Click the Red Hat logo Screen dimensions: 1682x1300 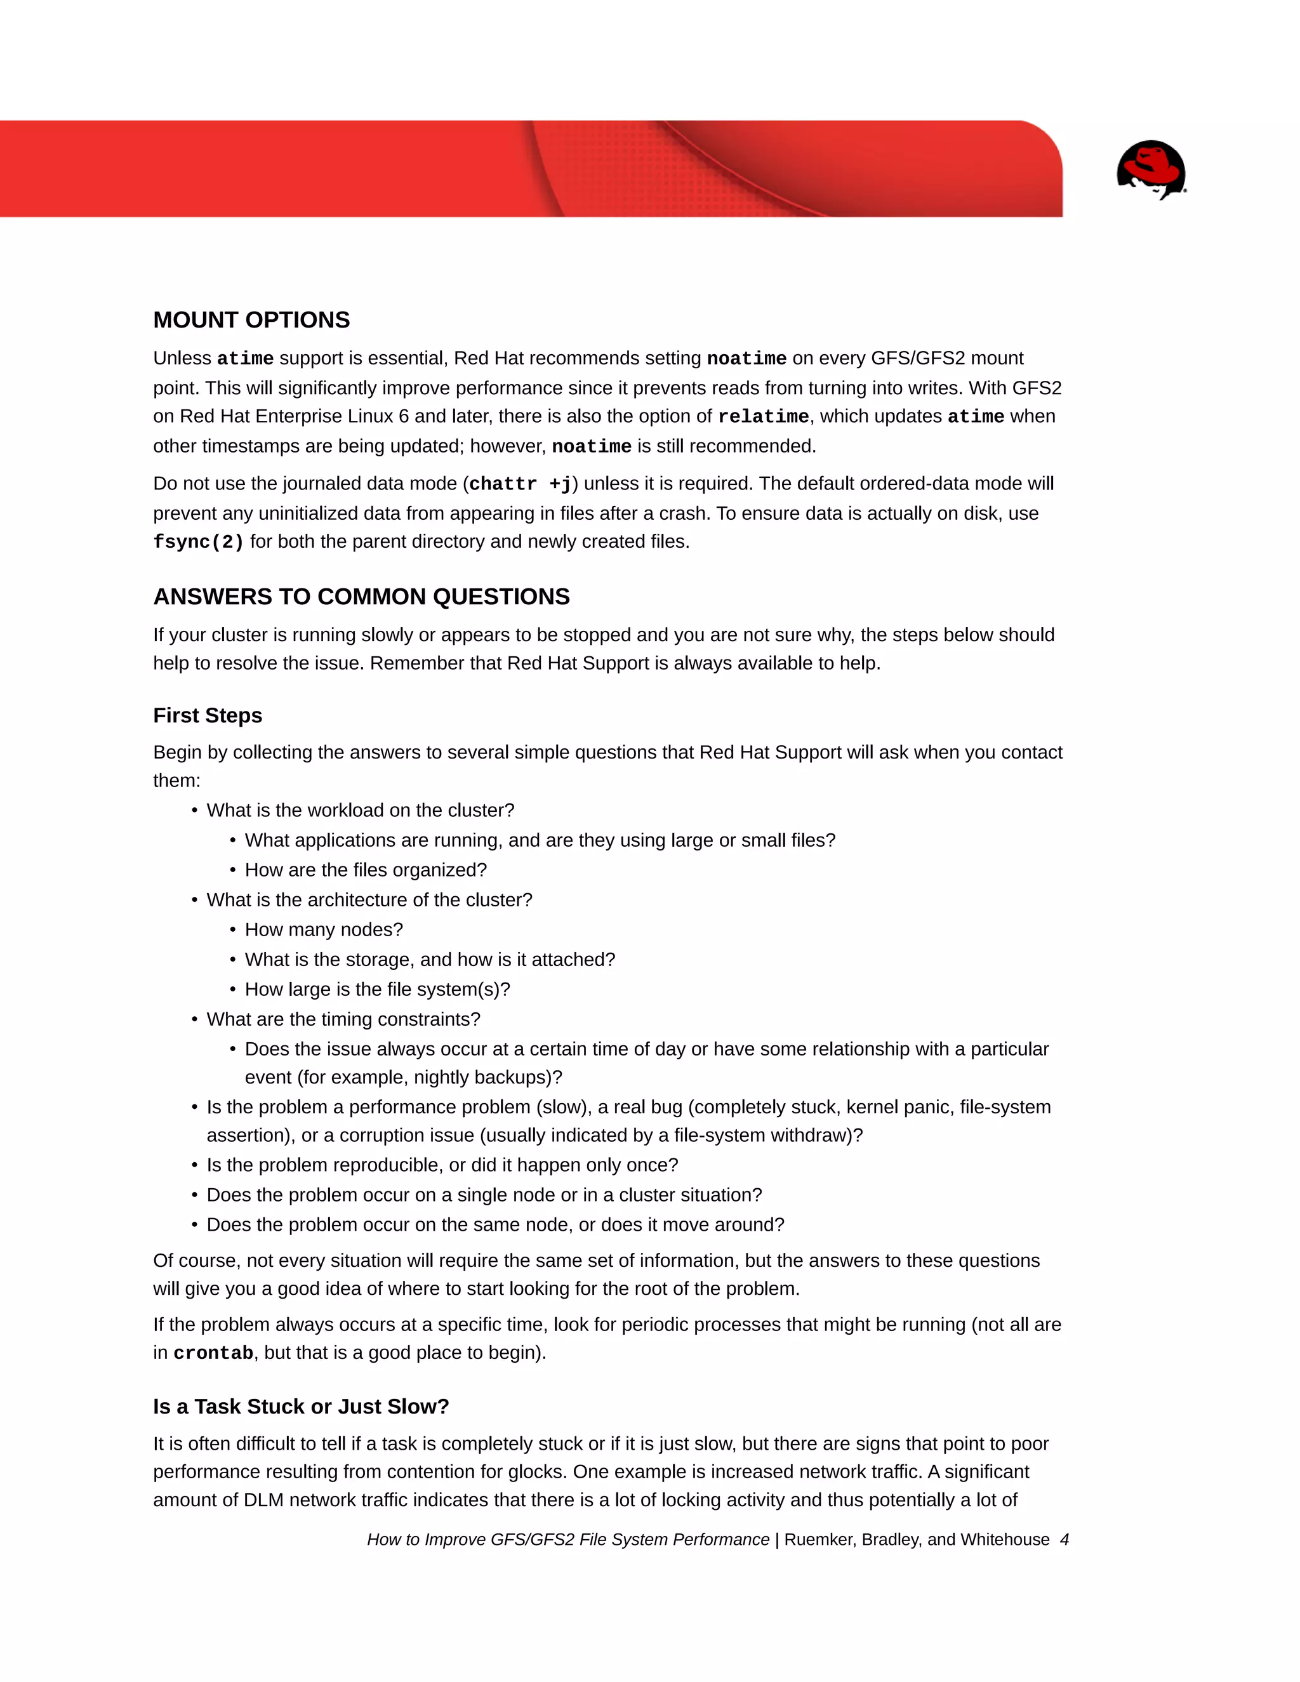pyautogui.click(x=1151, y=169)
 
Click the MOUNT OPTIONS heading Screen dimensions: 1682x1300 pyautogui.click(x=251, y=320)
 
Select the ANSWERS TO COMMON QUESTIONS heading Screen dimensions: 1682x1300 pyautogui.click(x=361, y=596)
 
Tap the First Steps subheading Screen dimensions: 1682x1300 pyautogui.click(x=207, y=715)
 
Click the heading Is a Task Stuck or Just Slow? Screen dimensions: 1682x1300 pyautogui.click(x=300, y=1407)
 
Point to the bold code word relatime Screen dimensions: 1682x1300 pyautogui.click(x=762, y=416)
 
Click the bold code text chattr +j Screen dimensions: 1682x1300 pyautogui.click(x=520, y=484)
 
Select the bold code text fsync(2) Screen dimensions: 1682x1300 pyautogui.click(x=198, y=542)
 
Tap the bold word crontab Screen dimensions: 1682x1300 pyautogui.click(x=213, y=1353)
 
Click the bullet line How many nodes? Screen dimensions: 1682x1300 pyautogui.click(x=324, y=930)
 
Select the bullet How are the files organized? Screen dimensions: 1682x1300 pyautogui.click(x=366, y=870)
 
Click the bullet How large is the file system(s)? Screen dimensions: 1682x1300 pyautogui.click(x=378, y=989)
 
